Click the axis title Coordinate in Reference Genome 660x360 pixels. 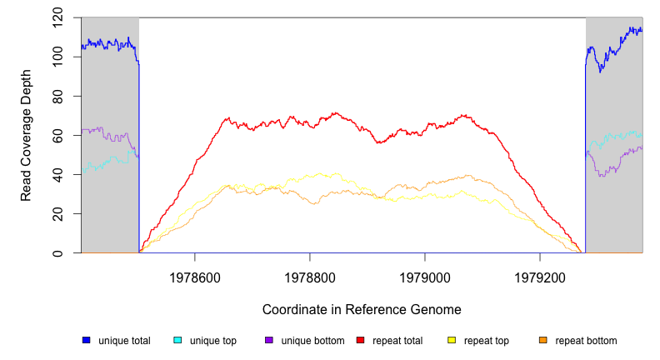click(362, 309)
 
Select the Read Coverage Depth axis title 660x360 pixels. click(27, 136)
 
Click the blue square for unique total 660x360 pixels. click(86, 340)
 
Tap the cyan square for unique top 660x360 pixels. click(177, 340)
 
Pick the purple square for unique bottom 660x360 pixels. click(269, 340)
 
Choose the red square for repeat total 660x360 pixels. click(361, 340)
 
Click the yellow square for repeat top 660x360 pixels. click(452, 340)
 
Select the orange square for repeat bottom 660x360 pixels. click(543, 340)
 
